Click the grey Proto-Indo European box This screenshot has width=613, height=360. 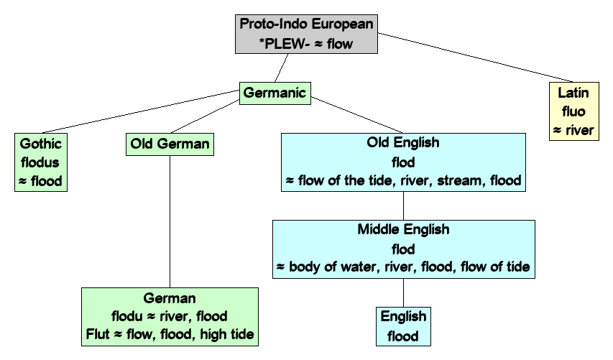306,33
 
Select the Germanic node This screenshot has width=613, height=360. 275,93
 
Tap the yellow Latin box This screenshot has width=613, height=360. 574,111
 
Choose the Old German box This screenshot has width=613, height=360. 170,144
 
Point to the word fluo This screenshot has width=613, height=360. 573,112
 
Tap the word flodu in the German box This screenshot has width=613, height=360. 126,315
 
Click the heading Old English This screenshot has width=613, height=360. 402,142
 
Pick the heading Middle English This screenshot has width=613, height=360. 403,230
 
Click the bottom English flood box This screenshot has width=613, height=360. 403,326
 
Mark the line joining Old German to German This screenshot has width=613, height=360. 170,223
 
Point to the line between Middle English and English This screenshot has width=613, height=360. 403,293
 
